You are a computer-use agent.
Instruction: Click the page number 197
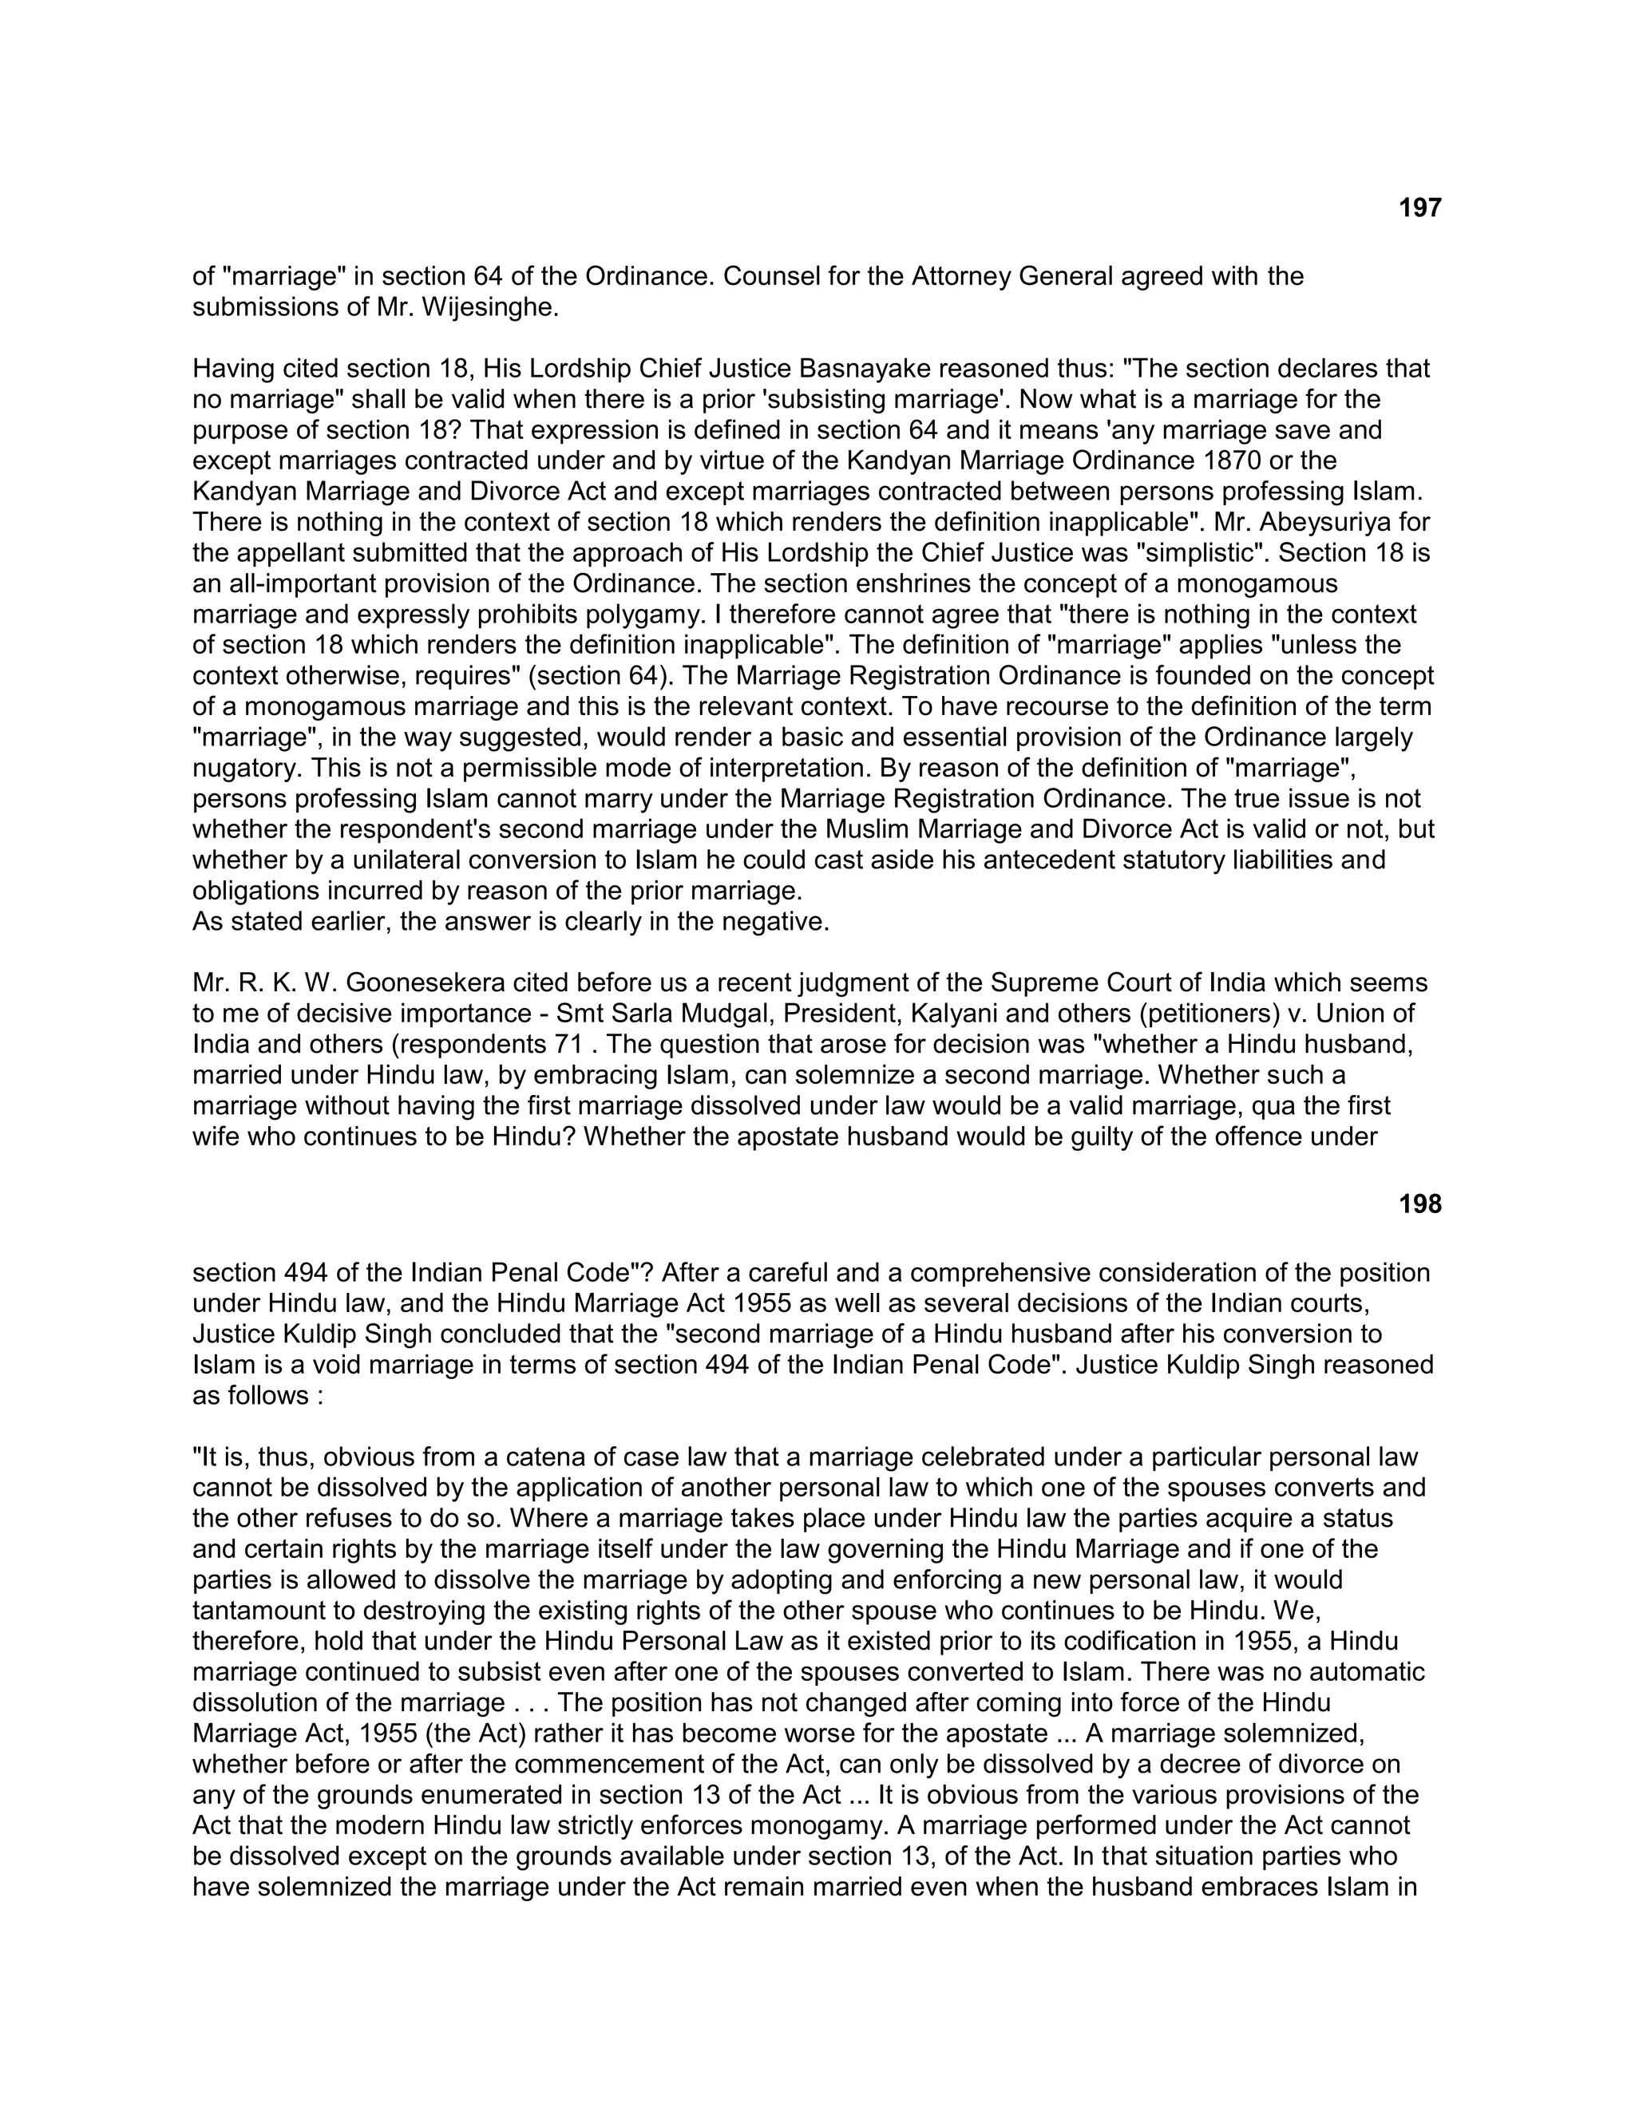coord(1420,208)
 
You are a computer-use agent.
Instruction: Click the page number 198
coord(1420,1204)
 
